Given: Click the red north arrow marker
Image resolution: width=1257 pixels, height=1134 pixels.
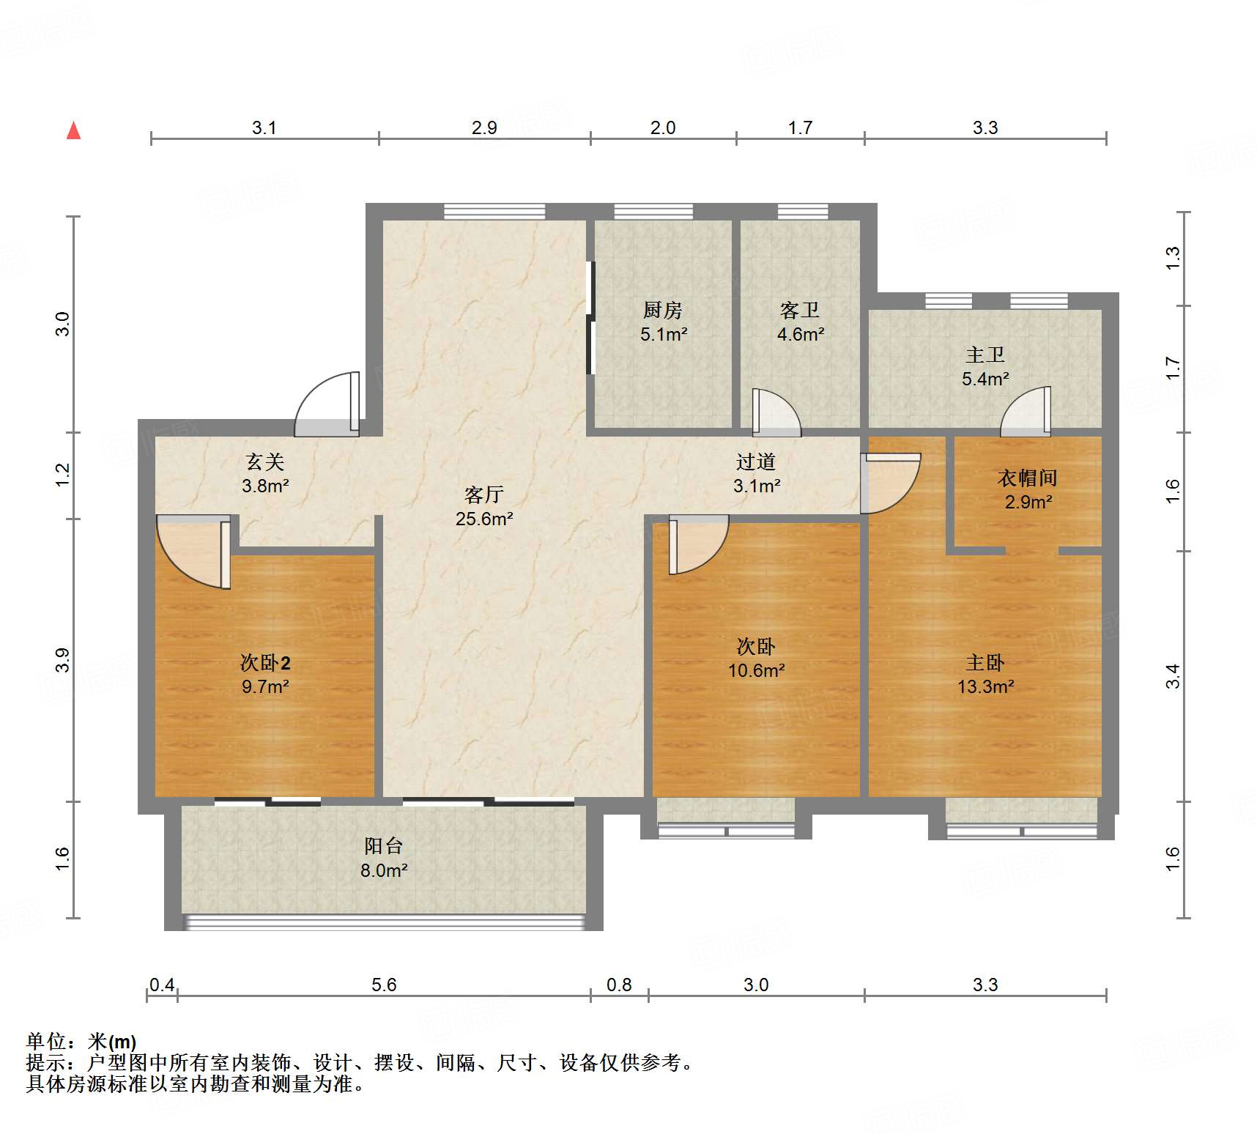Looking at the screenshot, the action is [73, 130].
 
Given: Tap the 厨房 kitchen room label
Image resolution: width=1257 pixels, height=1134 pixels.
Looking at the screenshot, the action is [663, 311].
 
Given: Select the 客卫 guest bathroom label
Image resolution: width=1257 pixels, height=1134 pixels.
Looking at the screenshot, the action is [800, 311].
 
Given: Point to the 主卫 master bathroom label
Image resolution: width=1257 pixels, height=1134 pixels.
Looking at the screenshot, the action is [985, 355].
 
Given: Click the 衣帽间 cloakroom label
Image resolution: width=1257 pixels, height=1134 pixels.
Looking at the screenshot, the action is [1028, 478].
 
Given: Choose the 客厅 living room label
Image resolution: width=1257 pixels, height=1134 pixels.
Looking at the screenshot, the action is [484, 495].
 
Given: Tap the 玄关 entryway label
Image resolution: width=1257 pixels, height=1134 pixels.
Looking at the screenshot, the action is [265, 462].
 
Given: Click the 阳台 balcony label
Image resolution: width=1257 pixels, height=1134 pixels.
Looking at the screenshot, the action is [384, 846].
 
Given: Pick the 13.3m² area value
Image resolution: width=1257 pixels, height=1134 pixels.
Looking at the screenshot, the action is [986, 686].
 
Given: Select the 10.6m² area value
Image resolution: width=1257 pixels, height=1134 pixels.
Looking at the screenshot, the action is [757, 670].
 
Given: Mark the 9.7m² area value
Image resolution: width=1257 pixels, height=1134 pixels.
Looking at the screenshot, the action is [265, 686].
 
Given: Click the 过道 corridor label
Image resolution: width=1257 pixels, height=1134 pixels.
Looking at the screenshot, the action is [756, 462].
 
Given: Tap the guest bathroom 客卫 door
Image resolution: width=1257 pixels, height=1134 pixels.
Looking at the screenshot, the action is [776, 412].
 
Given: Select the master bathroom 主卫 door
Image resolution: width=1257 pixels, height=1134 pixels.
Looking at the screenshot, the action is [1026, 412].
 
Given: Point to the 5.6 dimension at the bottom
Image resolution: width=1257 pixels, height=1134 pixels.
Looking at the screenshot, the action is [384, 985].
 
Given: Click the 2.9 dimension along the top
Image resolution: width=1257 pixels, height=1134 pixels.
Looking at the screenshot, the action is [484, 127].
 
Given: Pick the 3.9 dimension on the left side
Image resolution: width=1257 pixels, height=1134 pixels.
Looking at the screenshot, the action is [63, 660].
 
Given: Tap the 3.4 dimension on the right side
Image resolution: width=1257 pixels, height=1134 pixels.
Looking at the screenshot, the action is [1173, 676].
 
